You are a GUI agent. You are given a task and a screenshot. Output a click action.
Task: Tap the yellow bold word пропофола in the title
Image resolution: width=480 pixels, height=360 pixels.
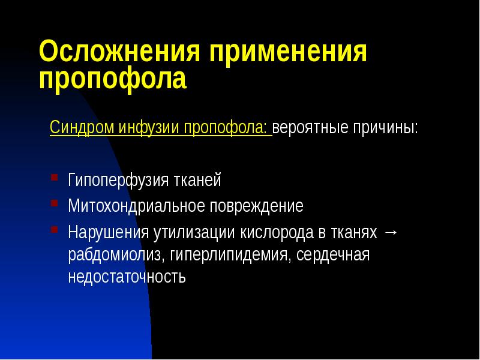click(x=113, y=80)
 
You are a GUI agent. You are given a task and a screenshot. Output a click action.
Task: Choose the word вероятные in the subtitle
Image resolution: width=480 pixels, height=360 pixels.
click(x=309, y=128)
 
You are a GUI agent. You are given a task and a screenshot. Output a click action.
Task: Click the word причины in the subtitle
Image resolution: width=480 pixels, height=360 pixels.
click(x=384, y=128)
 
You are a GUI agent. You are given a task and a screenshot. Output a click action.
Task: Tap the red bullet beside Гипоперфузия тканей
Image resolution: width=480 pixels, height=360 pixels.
click(x=54, y=178)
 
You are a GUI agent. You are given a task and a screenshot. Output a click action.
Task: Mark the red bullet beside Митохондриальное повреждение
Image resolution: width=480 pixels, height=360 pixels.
click(x=54, y=205)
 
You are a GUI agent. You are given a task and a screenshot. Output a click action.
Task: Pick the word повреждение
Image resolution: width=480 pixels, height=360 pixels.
click(x=256, y=206)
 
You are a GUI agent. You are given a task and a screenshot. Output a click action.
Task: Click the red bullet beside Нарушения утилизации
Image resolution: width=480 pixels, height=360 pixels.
click(x=54, y=230)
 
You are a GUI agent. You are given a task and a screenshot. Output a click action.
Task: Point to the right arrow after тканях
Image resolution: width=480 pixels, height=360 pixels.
click(x=390, y=232)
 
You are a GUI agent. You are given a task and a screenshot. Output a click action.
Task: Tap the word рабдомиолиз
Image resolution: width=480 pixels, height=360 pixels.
click(x=115, y=255)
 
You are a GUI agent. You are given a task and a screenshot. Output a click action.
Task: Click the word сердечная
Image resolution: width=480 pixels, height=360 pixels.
click(x=333, y=255)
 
